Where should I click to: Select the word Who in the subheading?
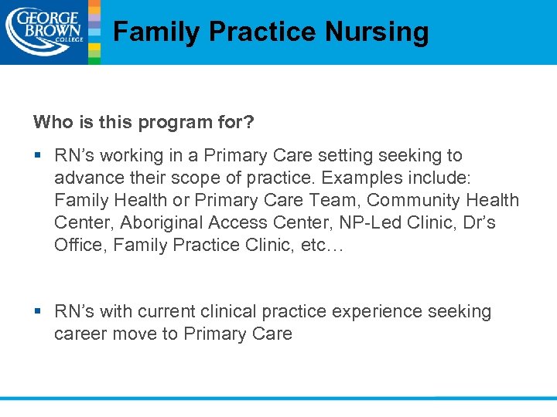[50, 122]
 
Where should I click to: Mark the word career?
[80, 334]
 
